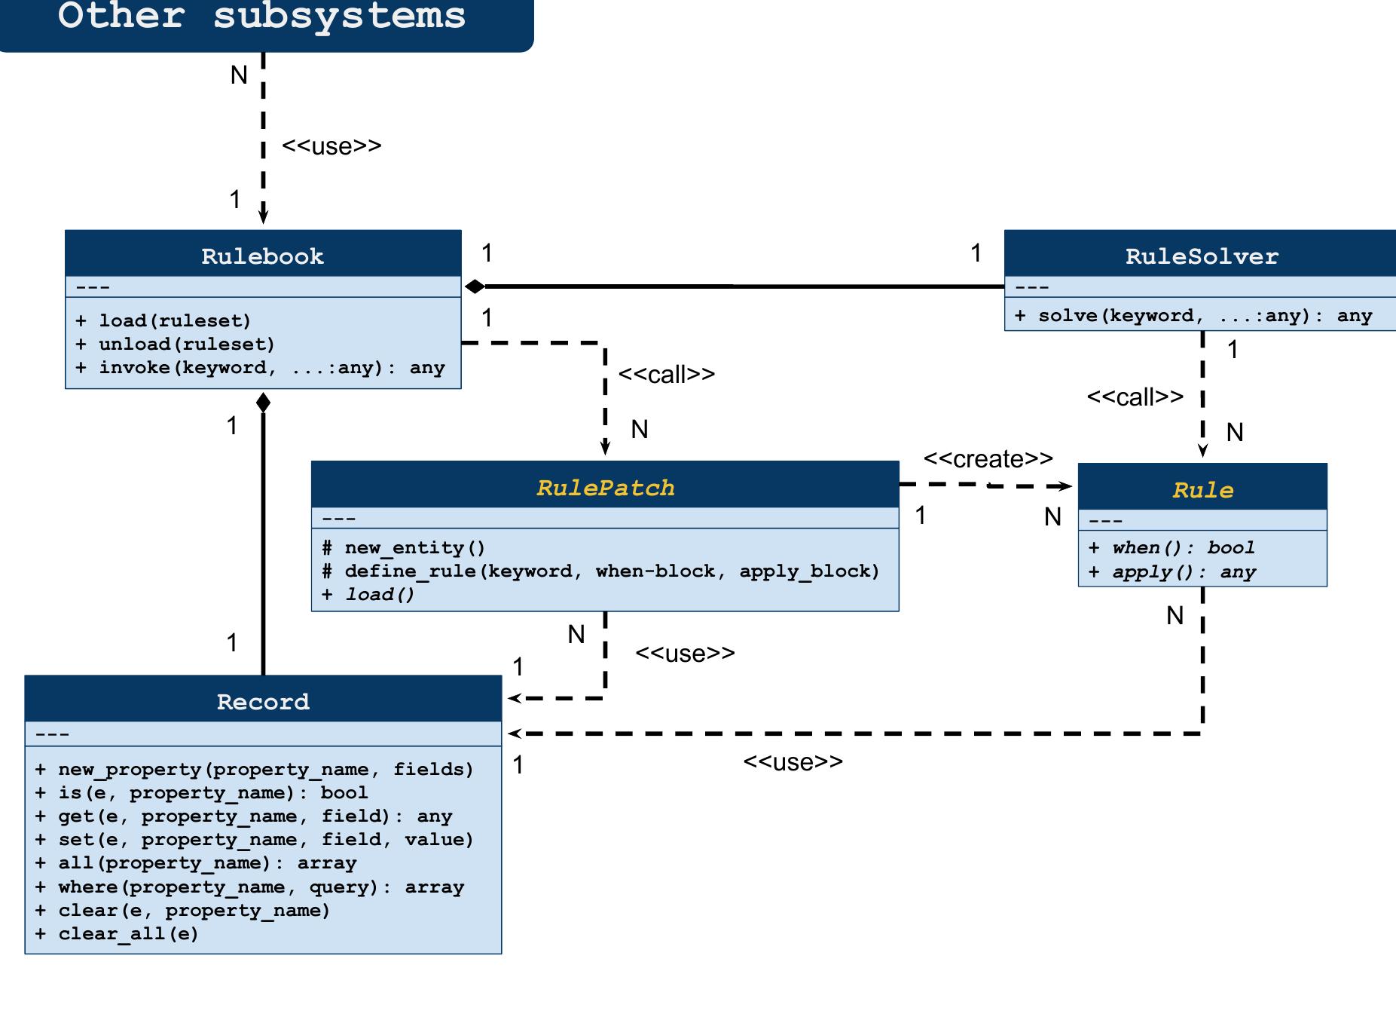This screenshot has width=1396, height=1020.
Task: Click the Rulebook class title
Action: pos(262,256)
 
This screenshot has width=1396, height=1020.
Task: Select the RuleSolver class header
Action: pos(1201,256)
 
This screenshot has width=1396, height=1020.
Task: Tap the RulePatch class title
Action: pos(605,488)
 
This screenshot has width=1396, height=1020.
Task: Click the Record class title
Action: pos(263,702)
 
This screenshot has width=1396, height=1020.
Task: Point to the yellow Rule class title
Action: pos(1202,490)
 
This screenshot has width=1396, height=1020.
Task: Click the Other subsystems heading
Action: pos(261,17)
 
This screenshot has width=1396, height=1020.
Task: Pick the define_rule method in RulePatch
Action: pos(600,571)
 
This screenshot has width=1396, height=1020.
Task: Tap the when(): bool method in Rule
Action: pos(1171,548)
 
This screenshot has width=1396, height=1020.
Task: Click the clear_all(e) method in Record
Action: pos(117,934)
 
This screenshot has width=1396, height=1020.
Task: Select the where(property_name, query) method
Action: pos(249,887)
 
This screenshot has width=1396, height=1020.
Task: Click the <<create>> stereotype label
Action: pos(988,459)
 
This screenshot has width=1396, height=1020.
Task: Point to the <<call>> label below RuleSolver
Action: pos(1135,397)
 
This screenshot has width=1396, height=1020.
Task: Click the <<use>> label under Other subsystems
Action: pos(331,146)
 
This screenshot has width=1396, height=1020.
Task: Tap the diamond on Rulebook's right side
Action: pos(475,286)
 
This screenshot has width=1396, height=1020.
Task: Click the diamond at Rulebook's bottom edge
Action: pos(263,403)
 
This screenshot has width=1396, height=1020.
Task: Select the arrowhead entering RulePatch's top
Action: pos(605,449)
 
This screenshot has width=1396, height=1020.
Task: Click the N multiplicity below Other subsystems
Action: pos(239,75)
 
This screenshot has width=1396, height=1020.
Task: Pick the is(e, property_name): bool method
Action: pos(201,793)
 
